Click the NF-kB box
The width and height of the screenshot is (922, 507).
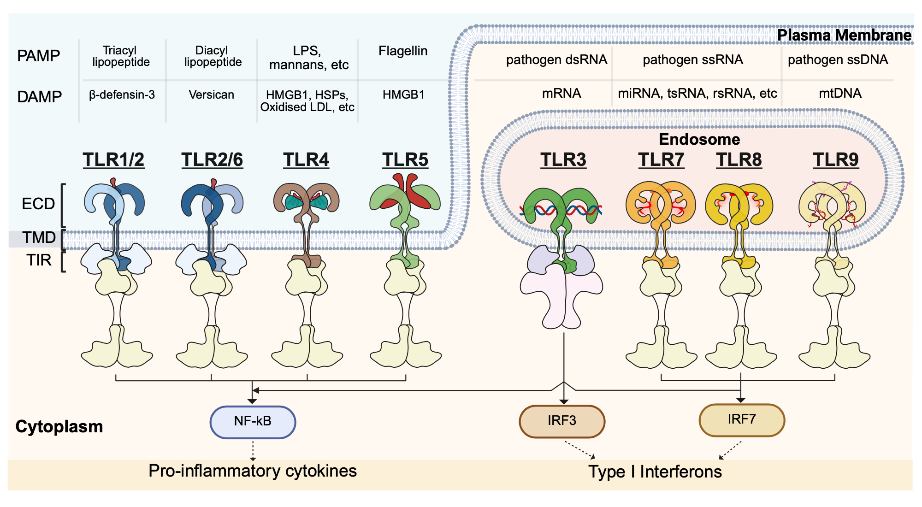[x=253, y=422]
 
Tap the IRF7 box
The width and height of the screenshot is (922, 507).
[x=741, y=420]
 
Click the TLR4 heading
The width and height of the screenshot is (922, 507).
[x=306, y=160]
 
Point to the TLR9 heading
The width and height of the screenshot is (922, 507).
[x=835, y=160]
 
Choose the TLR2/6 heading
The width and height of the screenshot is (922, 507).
[x=212, y=160]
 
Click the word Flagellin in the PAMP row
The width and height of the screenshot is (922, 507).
[x=403, y=51]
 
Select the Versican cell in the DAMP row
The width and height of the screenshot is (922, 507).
[x=211, y=95]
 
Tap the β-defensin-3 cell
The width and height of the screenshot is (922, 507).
[x=122, y=95]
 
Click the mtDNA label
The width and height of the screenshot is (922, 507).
[x=840, y=94]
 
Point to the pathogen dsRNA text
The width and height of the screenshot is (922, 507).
[x=556, y=60]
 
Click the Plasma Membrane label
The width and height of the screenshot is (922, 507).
[x=844, y=35]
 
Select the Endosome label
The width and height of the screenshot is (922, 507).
[x=699, y=139]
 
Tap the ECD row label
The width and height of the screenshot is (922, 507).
[x=38, y=204]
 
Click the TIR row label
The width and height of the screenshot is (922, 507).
[x=39, y=260]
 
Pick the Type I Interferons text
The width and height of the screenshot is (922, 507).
[x=655, y=472]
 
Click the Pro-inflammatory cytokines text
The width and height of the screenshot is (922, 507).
[x=253, y=471]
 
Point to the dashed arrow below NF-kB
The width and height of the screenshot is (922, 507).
[x=253, y=450]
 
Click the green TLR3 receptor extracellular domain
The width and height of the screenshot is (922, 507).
[x=561, y=203]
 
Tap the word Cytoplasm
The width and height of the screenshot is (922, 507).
[x=59, y=427]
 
